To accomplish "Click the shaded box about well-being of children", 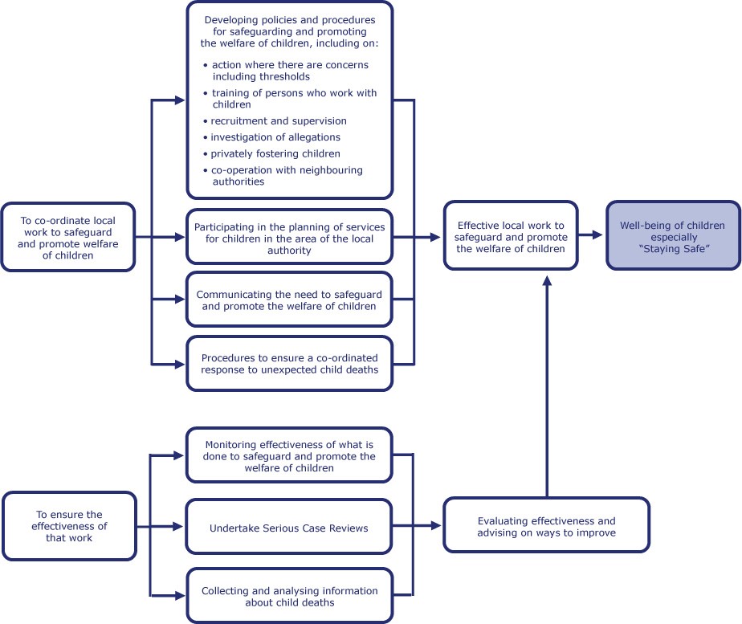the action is coord(674,235).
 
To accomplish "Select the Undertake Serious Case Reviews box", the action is coord(289,527).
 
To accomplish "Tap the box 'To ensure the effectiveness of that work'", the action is coord(69,526).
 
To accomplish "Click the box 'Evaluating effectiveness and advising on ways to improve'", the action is coord(547,525).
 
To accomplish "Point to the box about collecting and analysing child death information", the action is coord(290,596).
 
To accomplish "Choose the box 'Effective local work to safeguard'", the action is coord(511,235).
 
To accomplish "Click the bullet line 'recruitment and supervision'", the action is coord(275,121).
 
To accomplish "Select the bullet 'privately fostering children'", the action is coord(271,153).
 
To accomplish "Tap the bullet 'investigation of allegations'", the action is coord(271,137).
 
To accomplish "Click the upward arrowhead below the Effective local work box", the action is coord(547,281).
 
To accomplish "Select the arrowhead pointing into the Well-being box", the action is coord(597,235).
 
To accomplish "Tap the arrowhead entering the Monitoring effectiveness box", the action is coord(179,455).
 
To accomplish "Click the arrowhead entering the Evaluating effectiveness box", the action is coord(436,524).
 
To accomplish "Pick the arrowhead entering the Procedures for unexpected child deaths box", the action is coord(180,365).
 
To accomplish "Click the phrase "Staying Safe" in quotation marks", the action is coord(674,249).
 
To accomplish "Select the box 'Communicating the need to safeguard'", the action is coord(289,300).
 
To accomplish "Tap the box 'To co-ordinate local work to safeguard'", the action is coord(68,237).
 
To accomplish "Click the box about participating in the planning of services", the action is coord(289,237).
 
